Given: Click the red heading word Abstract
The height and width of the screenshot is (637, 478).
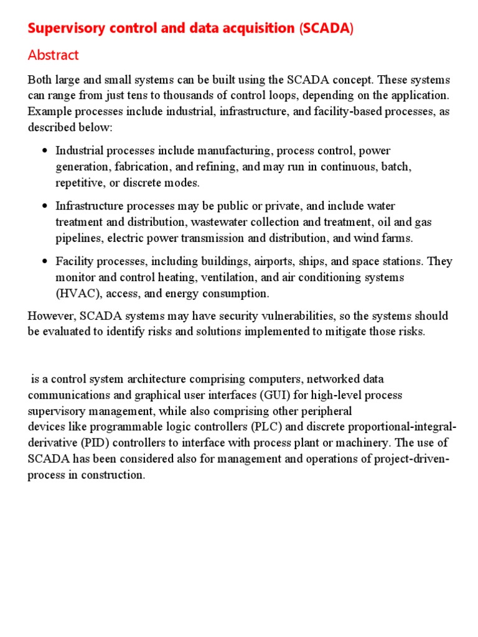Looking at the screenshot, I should pos(54,55).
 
